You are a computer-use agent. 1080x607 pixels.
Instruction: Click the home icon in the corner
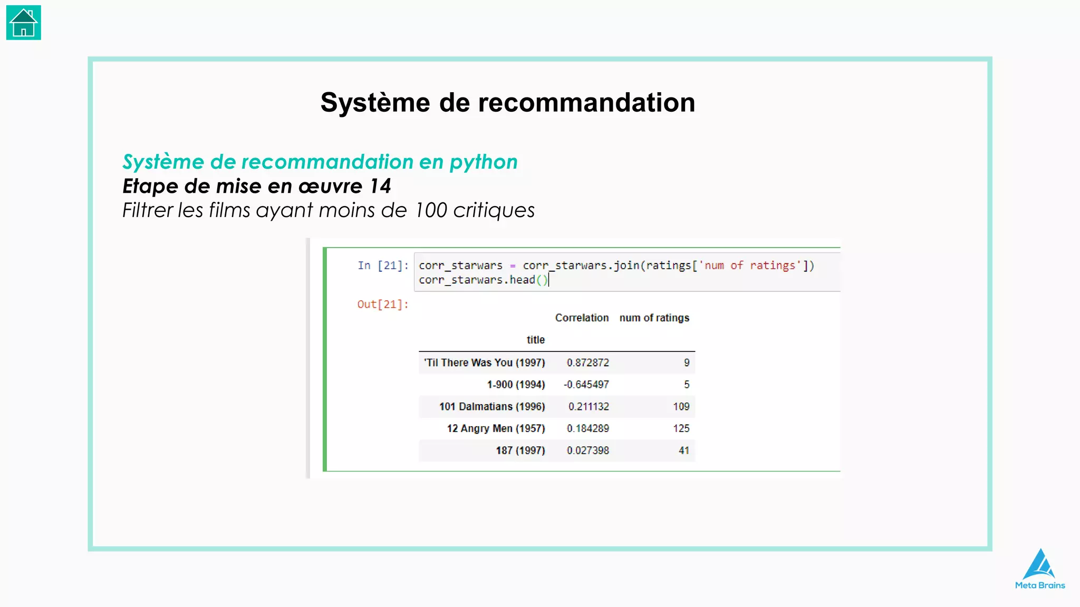(x=24, y=23)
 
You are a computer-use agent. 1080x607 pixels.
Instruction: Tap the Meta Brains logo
(x=1039, y=569)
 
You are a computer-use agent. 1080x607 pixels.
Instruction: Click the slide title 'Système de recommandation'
(x=507, y=102)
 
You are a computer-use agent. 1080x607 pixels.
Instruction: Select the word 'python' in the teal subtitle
(x=484, y=162)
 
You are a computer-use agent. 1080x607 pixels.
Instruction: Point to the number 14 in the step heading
(x=380, y=186)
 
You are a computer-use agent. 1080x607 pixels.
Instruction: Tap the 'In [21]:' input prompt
(x=383, y=266)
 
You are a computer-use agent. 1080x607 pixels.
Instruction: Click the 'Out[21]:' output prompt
(x=383, y=305)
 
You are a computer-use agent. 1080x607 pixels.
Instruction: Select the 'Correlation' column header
(x=582, y=318)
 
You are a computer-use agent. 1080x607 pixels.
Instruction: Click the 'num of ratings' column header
(x=654, y=318)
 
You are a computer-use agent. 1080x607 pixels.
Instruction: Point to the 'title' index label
(x=535, y=340)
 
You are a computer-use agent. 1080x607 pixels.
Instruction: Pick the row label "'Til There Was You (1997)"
(x=485, y=363)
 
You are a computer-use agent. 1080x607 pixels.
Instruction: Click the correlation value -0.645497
(x=586, y=385)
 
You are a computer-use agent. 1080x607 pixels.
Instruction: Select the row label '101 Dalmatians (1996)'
(x=492, y=407)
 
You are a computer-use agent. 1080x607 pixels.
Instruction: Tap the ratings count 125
(x=681, y=428)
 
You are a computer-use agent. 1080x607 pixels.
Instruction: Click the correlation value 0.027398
(x=588, y=451)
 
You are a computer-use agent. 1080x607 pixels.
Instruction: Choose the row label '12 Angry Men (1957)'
(x=496, y=428)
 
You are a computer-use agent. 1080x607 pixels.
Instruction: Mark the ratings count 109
(x=681, y=407)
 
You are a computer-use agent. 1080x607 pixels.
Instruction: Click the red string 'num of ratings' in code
(x=749, y=266)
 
